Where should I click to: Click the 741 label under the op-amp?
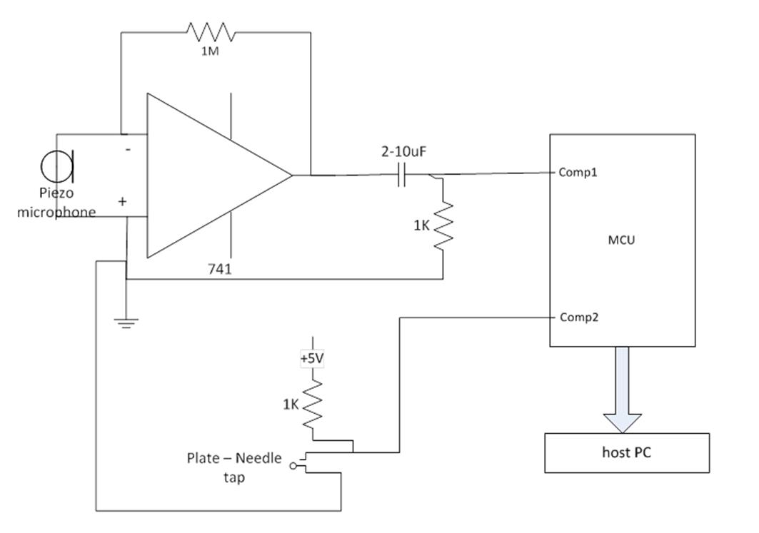(220, 269)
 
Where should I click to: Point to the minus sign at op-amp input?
(128, 150)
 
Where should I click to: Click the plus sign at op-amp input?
(123, 201)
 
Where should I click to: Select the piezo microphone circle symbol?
(54, 167)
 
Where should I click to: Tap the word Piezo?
(56, 193)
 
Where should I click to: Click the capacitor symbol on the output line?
(402, 175)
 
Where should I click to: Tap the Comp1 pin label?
(578, 173)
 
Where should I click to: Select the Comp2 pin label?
(578, 318)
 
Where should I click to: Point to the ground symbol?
(126, 323)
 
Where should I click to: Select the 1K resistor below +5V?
(313, 404)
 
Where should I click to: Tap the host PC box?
(627, 452)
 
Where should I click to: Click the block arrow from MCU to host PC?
(622, 389)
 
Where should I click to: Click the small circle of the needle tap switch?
(293, 466)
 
